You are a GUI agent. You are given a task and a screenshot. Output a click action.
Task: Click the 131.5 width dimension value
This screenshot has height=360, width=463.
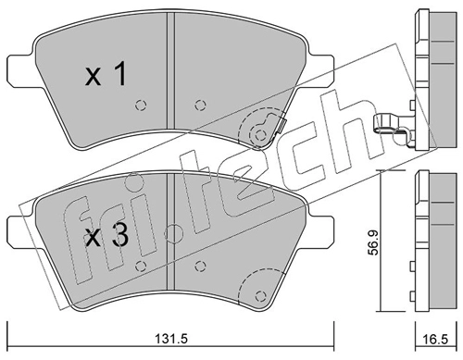[171, 339]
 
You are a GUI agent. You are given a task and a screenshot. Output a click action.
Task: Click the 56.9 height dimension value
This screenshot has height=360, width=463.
[375, 242]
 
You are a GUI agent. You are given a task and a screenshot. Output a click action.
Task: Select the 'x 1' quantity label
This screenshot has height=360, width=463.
[106, 74]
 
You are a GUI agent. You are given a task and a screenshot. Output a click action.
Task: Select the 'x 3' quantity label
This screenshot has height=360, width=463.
[106, 236]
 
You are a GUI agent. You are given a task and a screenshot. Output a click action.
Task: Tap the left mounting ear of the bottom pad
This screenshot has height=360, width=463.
[20, 230]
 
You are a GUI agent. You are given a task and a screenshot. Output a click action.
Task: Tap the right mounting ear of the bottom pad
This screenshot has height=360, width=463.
[320, 230]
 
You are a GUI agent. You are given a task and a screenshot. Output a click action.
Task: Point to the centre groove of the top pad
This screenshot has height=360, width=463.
[170, 71]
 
